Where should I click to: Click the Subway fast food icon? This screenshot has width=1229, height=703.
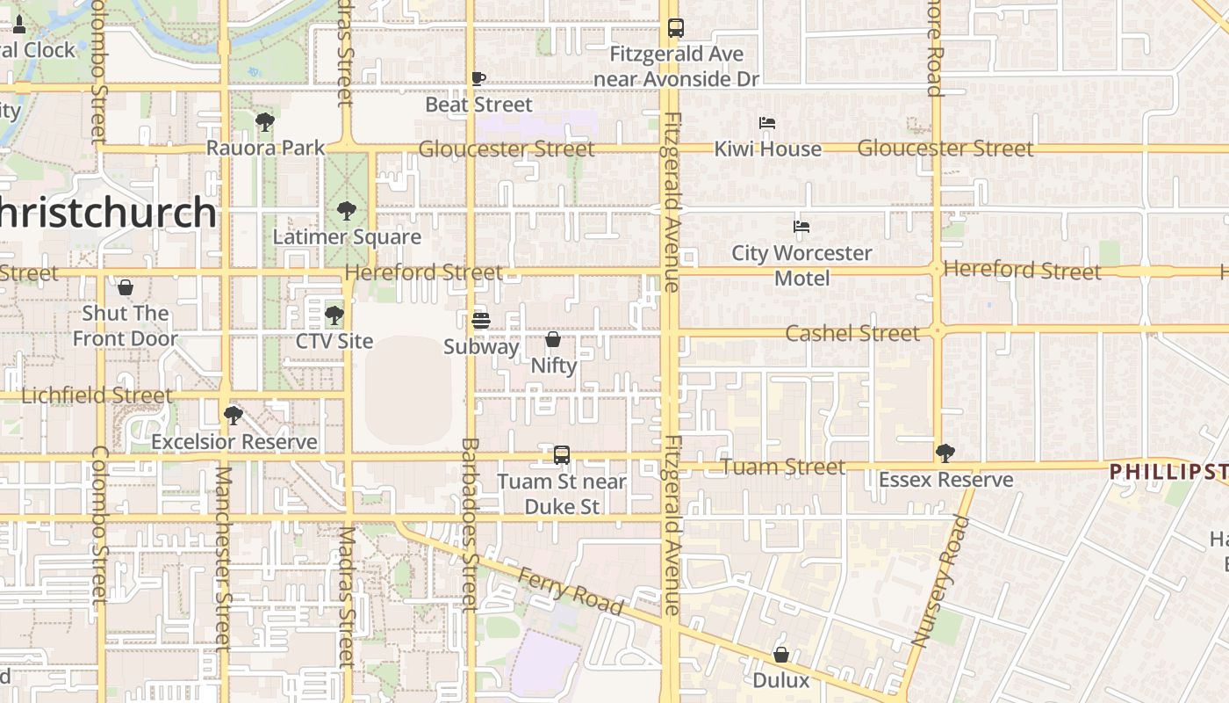click(x=480, y=321)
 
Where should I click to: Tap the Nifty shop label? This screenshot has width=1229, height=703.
click(x=554, y=366)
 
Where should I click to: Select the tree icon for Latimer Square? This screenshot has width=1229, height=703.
click(x=347, y=211)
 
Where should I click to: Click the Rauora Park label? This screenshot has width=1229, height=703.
click(x=265, y=148)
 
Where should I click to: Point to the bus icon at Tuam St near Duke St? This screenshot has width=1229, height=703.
click(x=562, y=455)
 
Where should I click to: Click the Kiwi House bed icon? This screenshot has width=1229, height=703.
click(x=767, y=123)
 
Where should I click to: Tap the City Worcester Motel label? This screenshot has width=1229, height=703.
click(x=801, y=265)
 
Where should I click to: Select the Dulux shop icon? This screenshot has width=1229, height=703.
click(x=781, y=655)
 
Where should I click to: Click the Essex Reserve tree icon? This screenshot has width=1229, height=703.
click(x=945, y=453)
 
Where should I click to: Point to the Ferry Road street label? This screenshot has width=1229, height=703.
click(x=571, y=591)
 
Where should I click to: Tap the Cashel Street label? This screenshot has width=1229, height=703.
click(x=852, y=333)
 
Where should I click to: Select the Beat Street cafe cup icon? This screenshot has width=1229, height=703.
click(x=478, y=79)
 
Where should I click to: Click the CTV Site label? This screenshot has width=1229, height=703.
click(x=334, y=341)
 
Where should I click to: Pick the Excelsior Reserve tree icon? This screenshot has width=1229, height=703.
click(x=234, y=415)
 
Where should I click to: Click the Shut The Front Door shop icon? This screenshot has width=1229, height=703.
click(x=126, y=287)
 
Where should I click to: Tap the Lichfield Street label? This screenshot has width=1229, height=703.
click(x=97, y=395)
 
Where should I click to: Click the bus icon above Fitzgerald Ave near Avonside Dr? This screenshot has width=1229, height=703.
click(x=675, y=28)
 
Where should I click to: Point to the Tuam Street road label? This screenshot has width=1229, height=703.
click(x=783, y=467)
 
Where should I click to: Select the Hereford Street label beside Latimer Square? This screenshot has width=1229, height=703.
click(x=424, y=272)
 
